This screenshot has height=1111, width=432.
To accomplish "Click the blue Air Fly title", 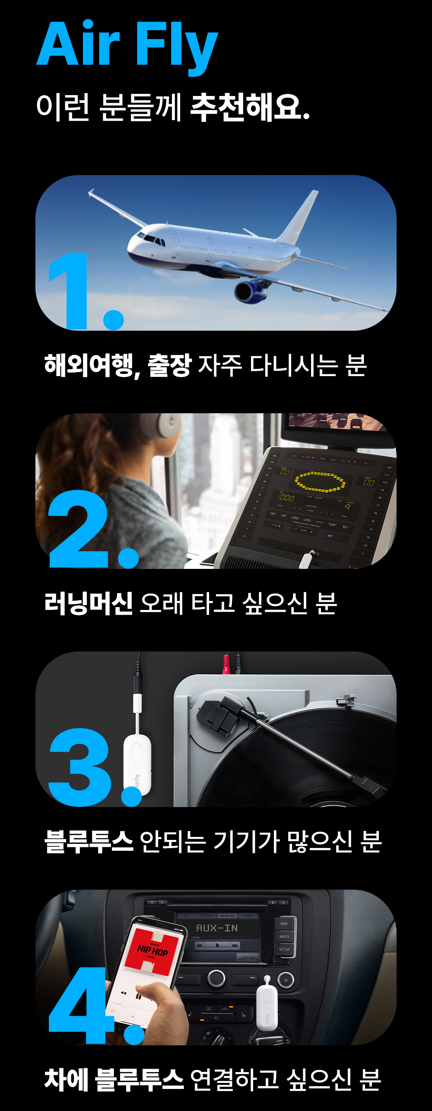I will (x=127, y=45).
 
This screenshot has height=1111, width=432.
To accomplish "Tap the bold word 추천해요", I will (x=250, y=107).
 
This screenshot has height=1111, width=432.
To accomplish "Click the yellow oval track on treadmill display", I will (x=320, y=482).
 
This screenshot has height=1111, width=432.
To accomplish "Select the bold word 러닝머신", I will (x=89, y=603).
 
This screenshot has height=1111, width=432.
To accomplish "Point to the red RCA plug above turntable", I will (x=226, y=664).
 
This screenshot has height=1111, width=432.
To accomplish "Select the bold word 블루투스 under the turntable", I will (x=89, y=841).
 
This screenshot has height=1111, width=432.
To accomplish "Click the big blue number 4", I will (x=80, y=1005).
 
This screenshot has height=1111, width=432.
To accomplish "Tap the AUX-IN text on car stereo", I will (x=217, y=928).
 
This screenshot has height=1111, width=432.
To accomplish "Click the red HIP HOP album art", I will (x=152, y=951).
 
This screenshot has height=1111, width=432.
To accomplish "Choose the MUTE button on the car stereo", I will (x=284, y=937).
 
